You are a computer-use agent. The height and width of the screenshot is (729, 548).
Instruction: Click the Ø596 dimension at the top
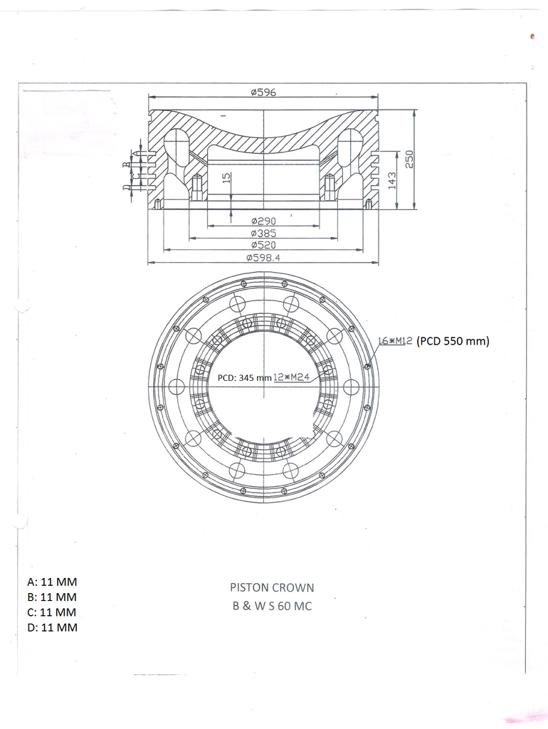pos(263,93)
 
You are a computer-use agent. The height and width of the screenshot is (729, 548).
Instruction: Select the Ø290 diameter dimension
pos(263,221)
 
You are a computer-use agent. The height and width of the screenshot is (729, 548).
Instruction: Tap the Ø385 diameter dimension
pos(263,234)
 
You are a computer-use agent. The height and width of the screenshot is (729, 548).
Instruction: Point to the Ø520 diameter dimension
pos(263,245)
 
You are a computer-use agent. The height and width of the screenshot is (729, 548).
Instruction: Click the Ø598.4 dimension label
pos(263,258)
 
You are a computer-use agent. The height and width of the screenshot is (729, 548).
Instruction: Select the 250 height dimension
pos(409,159)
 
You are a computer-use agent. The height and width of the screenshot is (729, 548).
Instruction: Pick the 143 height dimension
pos(391,180)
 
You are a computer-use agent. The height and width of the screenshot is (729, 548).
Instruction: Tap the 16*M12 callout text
pos(396,341)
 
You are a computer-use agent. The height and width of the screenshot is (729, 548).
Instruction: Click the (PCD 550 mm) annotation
pos(453,341)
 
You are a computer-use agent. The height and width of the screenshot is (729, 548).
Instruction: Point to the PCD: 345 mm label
pos(245,377)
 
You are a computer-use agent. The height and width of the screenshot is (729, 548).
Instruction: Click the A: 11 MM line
pos(51,582)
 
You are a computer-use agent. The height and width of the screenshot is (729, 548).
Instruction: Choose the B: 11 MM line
pos(51,597)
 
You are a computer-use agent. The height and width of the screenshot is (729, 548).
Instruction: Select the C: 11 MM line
pos(51,612)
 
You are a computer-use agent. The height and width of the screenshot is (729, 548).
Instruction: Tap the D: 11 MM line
pos(51,627)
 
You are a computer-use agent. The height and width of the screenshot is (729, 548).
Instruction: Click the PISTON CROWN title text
pos(272,588)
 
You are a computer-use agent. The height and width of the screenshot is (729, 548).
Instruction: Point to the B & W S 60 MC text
pos(272,607)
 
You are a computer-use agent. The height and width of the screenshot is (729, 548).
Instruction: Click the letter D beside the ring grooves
pos(126,188)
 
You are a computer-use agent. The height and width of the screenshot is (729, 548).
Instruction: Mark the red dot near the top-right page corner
pos(532,36)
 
